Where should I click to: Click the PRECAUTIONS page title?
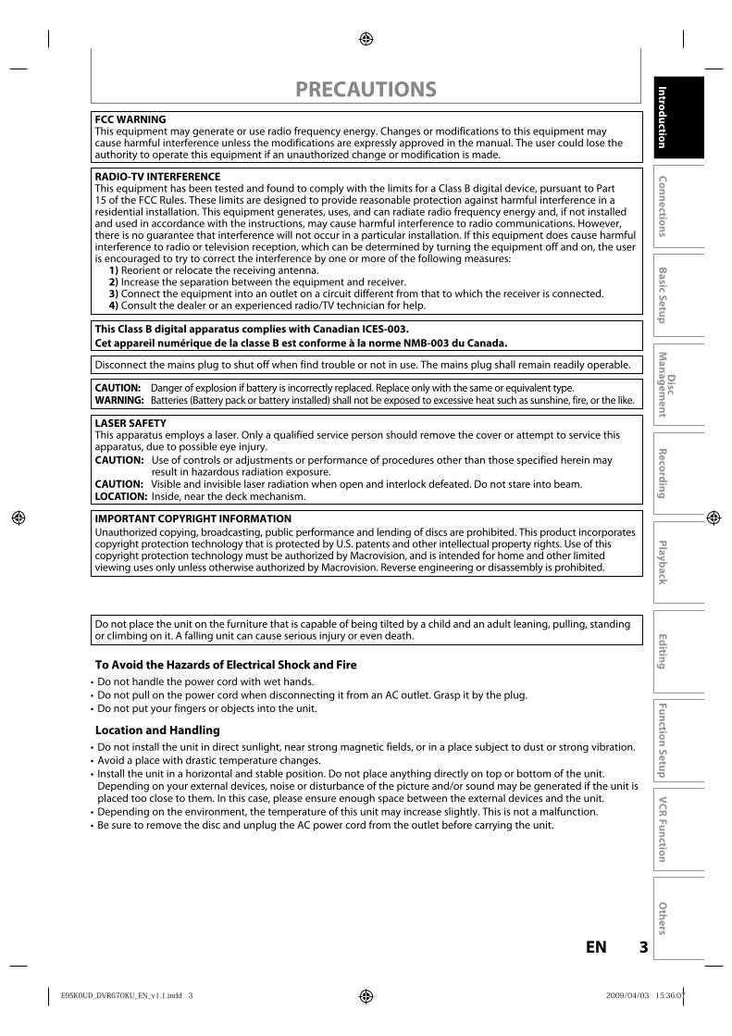coord(366,90)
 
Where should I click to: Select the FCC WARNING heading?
coord(130,119)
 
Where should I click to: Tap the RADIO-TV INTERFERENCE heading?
coord(157,176)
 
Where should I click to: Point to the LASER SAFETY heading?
coord(130,423)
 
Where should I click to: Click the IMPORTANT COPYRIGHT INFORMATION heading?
coord(192,519)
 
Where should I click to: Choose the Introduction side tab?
coord(663,117)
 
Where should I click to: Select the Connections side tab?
coord(663,206)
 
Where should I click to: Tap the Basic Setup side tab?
coord(663,294)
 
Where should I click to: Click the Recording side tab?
coord(663,472)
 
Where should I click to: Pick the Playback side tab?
coord(663,561)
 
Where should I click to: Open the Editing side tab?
coord(663,651)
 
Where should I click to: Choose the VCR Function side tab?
coord(663,828)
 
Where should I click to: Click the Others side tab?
coord(663,917)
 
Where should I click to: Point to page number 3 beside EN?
coord(643,947)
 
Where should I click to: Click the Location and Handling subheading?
coord(157,730)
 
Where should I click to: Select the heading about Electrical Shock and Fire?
coord(226,665)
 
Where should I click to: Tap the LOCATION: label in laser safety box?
coord(121,496)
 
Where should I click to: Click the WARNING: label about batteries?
coord(119,400)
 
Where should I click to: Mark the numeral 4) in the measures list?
coord(114,306)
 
